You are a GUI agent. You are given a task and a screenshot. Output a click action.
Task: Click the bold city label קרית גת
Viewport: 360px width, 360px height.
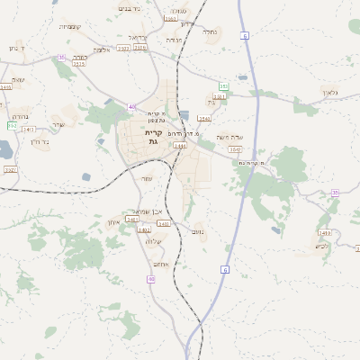coord(152,138)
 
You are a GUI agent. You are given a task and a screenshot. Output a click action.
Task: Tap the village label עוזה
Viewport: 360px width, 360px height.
coord(147,179)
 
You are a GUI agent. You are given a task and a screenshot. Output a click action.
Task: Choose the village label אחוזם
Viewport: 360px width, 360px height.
coord(162,263)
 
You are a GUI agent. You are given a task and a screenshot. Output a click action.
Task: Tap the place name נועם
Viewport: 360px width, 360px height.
coord(198,232)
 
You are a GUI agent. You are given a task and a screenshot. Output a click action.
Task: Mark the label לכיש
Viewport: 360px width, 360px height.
coord(322,246)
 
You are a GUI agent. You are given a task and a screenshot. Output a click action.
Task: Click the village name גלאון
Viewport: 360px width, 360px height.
coord(329,93)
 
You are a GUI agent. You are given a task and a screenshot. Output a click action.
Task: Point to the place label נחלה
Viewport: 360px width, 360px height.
coord(210,32)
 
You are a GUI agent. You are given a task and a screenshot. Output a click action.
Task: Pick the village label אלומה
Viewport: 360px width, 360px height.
coord(102,50)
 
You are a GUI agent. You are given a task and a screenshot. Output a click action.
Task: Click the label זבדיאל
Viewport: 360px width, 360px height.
coord(137,38)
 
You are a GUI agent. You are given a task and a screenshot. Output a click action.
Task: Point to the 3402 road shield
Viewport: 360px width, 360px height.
coord(144,230)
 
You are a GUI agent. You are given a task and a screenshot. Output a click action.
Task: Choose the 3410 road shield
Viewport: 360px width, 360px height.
coord(325,233)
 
